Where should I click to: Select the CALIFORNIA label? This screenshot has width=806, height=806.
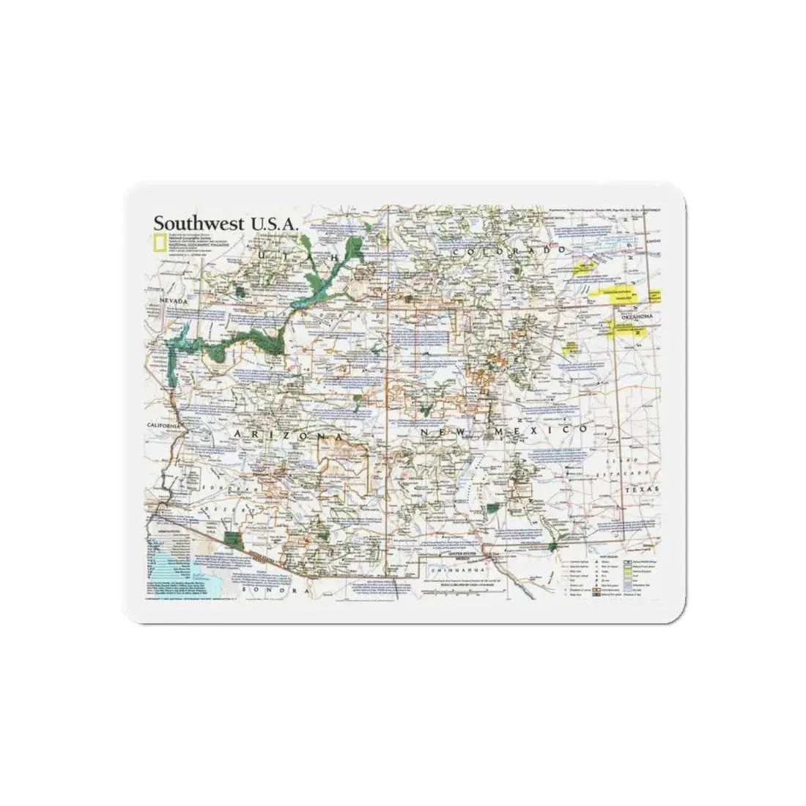(x=163, y=426)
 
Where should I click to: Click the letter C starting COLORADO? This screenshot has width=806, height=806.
(x=456, y=252)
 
